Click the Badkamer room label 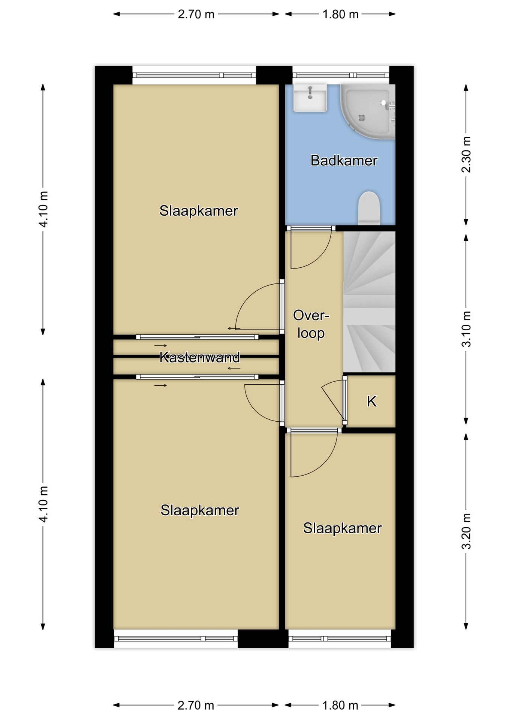(344, 161)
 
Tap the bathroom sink (310, 98)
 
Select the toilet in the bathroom (369, 208)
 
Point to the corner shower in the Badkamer (367, 112)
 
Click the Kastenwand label (199, 357)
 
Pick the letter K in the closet (371, 401)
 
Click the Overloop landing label (311, 324)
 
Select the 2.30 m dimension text (466, 154)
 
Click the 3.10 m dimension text (466, 329)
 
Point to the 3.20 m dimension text (466, 531)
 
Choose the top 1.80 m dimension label (340, 14)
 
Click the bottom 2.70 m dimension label (196, 706)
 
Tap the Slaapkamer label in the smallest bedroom (342, 528)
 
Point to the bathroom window (341, 75)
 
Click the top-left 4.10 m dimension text (43, 209)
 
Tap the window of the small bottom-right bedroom (340, 638)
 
